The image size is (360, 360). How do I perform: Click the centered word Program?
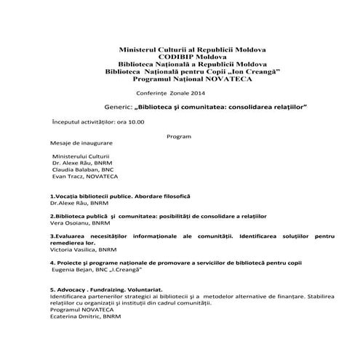pyautogui.click(x=178, y=136)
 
